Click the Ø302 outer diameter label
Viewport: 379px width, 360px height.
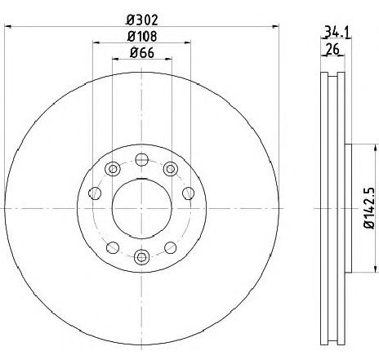click(141, 18)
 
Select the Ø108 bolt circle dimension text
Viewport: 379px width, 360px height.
click(141, 36)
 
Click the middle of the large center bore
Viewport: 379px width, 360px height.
click(141, 209)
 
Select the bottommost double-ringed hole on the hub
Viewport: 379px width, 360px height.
click(141, 258)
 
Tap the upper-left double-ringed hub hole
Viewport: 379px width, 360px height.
click(113, 169)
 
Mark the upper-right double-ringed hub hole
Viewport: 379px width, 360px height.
click(170, 169)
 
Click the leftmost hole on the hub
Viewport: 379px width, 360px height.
click(94, 193)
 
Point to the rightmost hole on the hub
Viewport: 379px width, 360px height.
click(189, 193)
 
